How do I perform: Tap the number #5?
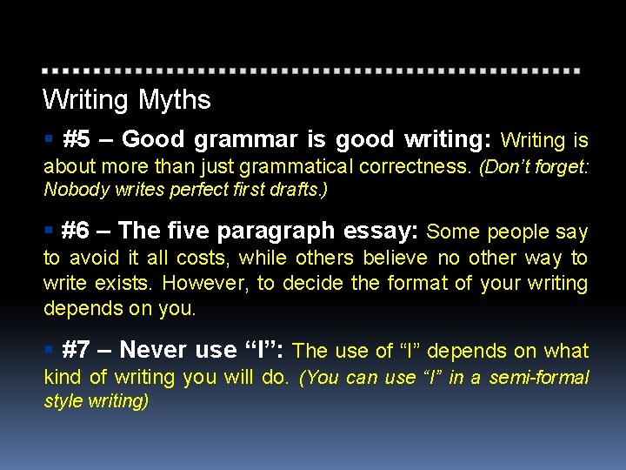click(x=77, y=139)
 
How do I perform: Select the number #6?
click(x=77, y=231)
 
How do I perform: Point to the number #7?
click(x=77, y=350)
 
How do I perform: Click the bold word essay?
click(x=382, y=231)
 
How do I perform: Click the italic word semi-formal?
click(x=539, y=378)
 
